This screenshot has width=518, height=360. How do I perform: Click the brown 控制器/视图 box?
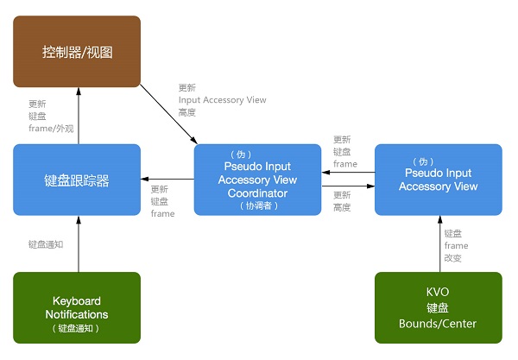pyautogui.click(x=77, y=51)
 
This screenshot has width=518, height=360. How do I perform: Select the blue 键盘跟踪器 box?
pyautogui.click(x=77, y=180)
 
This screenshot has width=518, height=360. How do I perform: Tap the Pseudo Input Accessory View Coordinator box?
pyautogui.click(x=257, y=180)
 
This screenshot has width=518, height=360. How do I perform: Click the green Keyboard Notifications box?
pyautogui.click(x=77, y=307)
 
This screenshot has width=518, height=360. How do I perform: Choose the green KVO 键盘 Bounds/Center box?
pyautogui.click(x=438, y=307)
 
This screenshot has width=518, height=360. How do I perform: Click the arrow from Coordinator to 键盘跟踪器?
pyautogui.click(x=167, y=180)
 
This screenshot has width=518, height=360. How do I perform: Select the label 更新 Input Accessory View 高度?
pyautogui.click(x=221, y=99)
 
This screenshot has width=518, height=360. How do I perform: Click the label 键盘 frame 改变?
pyautogui.click(x=457, y=245)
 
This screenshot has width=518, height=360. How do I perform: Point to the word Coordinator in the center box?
pyautogui.click(x=257, y=193)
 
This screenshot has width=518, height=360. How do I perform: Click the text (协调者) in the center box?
pyautogui.click(x=257, y=205)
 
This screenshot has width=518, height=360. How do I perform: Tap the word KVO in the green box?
pyautogui.click(x=438, y=292)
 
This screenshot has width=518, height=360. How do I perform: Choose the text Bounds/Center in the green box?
pyautogui.click(x=438, y=324)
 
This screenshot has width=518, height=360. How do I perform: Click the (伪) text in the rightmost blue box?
pyautogui.click(x=438, y=161)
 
